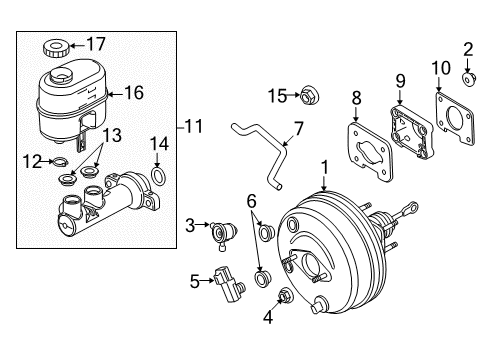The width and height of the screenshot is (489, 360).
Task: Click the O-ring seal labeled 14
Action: pos(157,178)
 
